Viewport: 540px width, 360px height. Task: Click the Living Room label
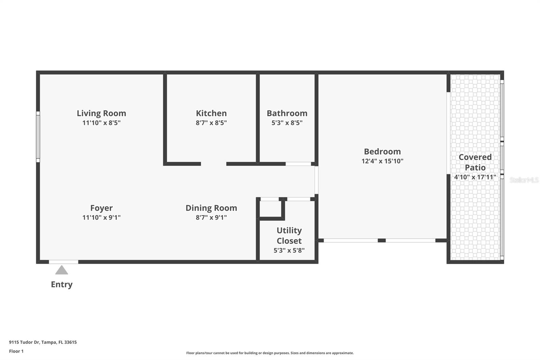(101, 113)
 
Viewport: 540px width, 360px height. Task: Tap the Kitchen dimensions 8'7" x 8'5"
(211, 123)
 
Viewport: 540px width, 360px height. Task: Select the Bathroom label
(287, 113)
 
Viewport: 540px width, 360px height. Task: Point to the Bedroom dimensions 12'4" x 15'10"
(382, 161)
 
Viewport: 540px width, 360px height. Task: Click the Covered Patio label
(475, 162)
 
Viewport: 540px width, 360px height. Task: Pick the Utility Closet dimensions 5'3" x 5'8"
(289, 250)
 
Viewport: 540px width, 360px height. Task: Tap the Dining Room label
(211, 208)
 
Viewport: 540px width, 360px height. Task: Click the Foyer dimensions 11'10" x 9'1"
(101, 217)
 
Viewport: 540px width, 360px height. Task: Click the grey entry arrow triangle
(61, 270)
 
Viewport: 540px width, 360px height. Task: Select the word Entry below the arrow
(61, 284)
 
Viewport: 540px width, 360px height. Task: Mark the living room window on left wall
(38, 137)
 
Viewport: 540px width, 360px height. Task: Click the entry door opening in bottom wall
(63, 262)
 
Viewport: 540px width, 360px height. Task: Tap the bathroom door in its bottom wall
(298, 164)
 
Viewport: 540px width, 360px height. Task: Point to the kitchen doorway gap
(213, 164)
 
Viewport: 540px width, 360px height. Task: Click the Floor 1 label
(16, 351)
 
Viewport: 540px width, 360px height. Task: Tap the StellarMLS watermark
(524, 180)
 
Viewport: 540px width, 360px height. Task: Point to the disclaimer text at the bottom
(270, 353)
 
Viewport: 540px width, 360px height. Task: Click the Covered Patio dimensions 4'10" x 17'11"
(475, 177)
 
